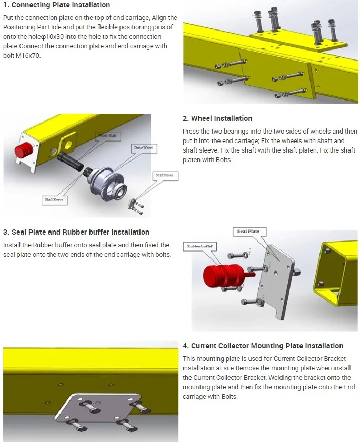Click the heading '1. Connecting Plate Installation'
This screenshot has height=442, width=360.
point(57,5)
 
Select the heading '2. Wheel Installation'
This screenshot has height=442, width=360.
point(217,118)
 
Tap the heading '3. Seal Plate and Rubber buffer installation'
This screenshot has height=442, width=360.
point(76,232)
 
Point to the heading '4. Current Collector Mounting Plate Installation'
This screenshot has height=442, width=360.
point(263,346)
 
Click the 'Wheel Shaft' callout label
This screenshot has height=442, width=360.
point(105,135)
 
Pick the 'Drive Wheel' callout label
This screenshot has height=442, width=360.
point(143,148)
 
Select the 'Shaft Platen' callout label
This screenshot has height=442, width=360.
point(164,175)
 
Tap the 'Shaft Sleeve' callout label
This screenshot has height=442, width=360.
point(54,200)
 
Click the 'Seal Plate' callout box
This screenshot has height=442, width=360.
point(248,232)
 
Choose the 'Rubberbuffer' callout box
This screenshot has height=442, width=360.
point(199,246)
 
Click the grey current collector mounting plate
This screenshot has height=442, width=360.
point(99,408)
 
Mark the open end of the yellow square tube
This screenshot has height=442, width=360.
point(335,274)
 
